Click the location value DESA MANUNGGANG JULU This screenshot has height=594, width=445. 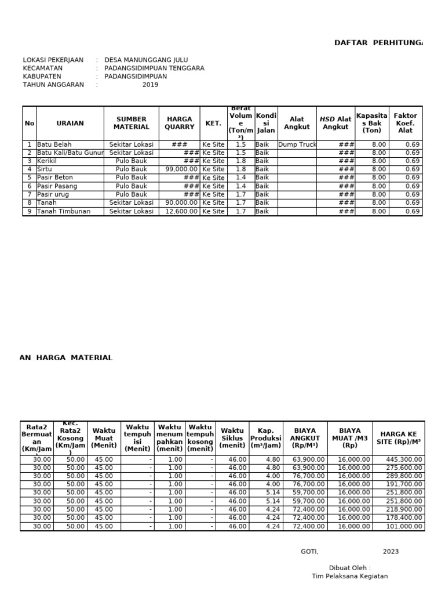pos(146,60)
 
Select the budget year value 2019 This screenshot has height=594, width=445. pos(150,85)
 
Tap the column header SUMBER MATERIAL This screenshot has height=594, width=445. pos(132,123)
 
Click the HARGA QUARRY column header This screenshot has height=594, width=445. pos(180,123)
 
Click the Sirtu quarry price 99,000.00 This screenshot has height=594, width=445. pos(181,169)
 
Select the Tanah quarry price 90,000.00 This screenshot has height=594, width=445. pos(181,203)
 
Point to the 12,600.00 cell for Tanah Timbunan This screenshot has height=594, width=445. pos(181,212)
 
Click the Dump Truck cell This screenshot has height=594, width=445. pos(297,144)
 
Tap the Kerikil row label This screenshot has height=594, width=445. pos(48,161)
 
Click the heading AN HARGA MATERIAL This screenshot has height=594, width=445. pos(66,358)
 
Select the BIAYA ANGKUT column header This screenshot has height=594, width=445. pos(305,438)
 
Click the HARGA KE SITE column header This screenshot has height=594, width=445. pos(399,438)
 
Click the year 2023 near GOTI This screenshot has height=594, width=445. pos(391,552)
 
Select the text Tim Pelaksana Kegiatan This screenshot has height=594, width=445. pos(349,576)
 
